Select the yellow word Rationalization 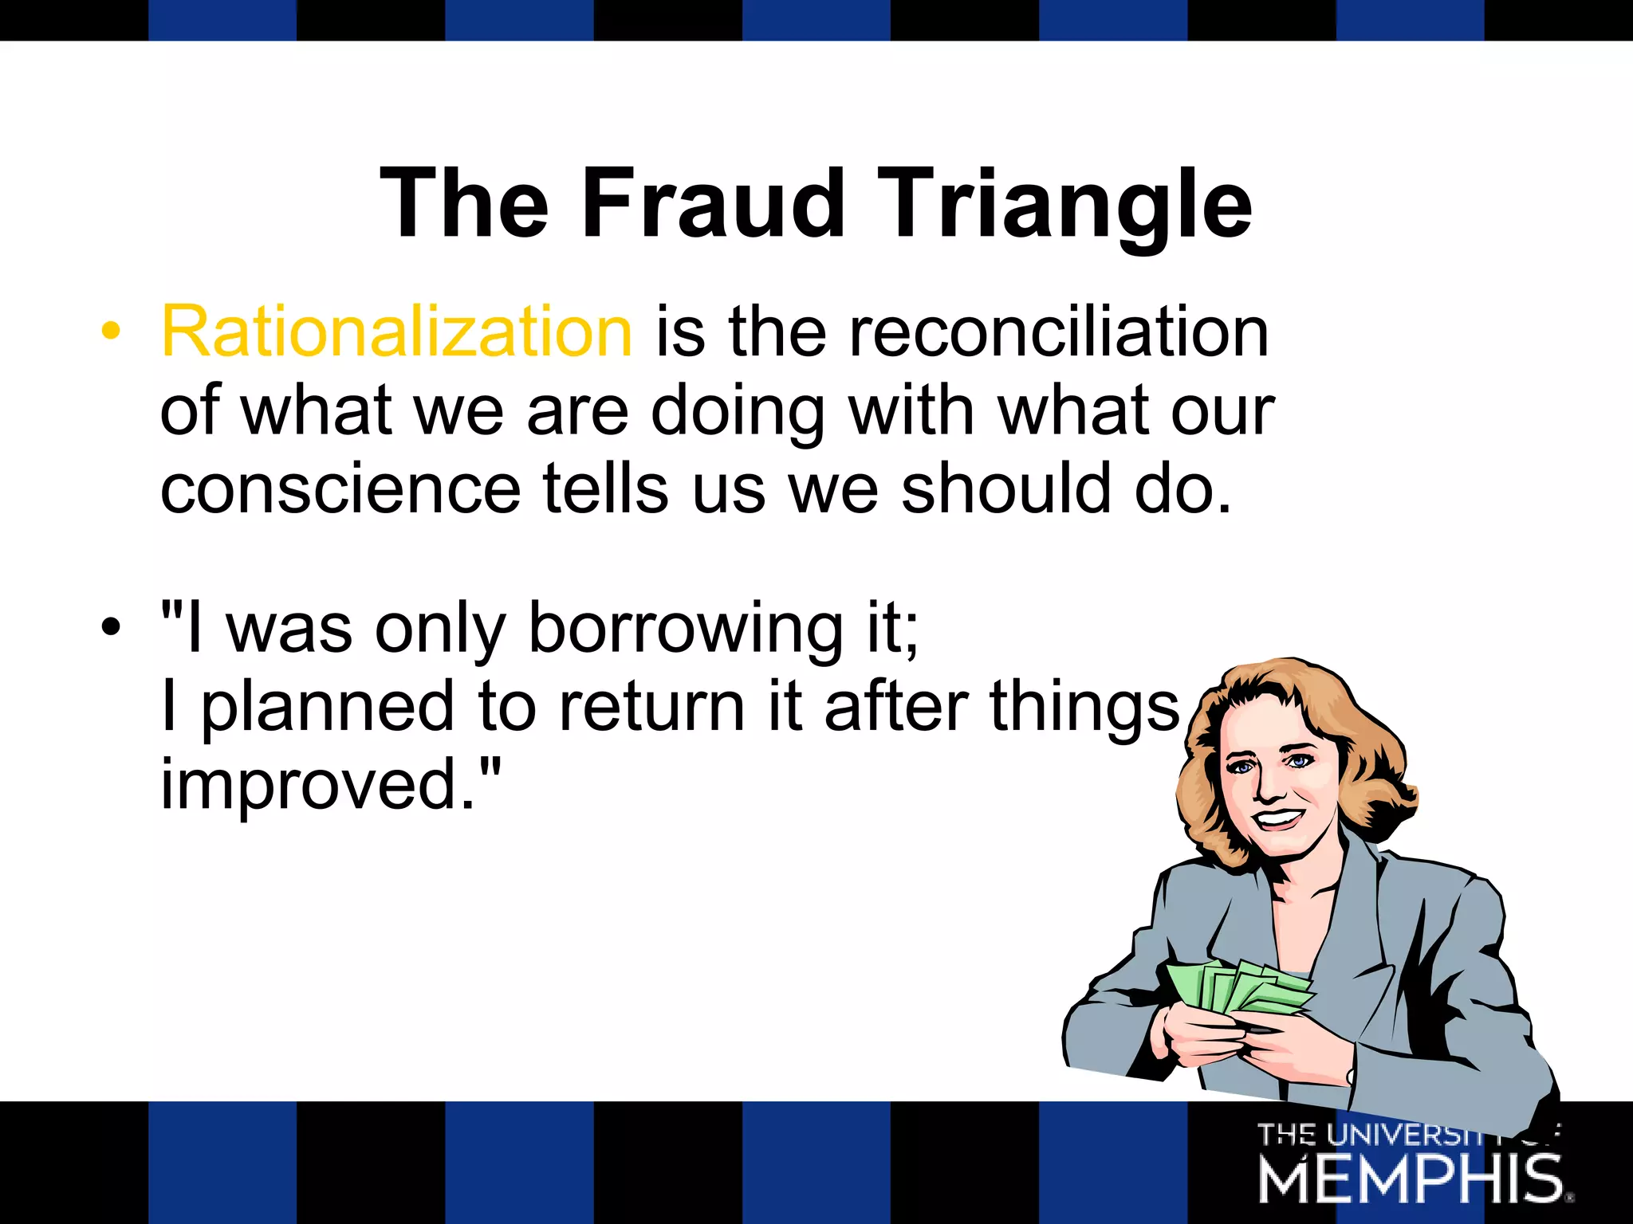click(396, 331)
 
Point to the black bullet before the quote click(111, 628)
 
